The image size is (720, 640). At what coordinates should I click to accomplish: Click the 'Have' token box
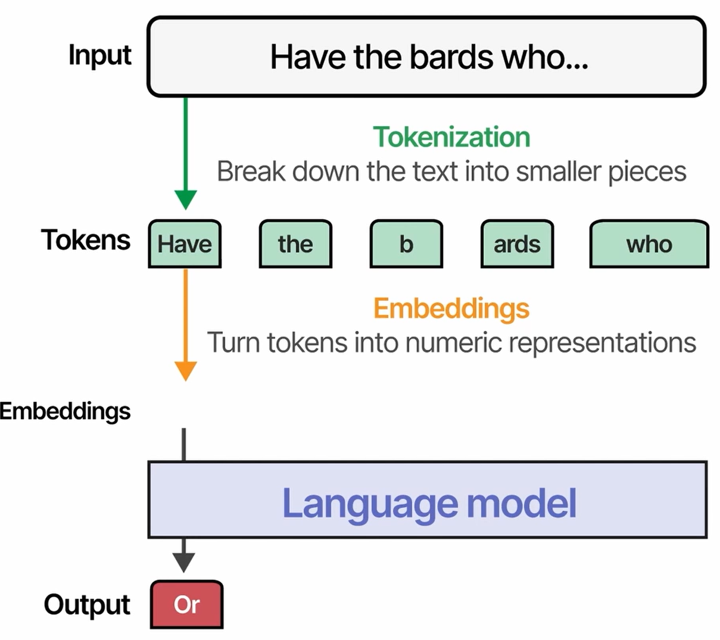(x=185, y=244)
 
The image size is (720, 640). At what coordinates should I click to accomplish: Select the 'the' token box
(x=295, y=244)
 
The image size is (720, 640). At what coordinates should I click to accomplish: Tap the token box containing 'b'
(x=406, y=244)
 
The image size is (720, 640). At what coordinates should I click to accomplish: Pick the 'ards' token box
(x=517, y=244)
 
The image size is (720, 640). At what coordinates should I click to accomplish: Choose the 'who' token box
(x=649, y=244)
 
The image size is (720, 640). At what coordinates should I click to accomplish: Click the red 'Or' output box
(x=186, y=605)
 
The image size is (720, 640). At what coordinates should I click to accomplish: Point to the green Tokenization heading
(x=451, y=138)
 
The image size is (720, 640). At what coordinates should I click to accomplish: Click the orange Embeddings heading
(x=451, y=308)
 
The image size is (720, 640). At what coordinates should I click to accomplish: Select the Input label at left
(x=99, y=55)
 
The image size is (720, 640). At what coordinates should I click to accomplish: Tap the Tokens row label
(x=86, y=240)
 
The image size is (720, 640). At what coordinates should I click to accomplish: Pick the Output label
(x=87, y=604)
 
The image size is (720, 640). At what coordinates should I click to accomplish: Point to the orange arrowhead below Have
(x=186, y=371)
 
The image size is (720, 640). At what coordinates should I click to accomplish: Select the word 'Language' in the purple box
(x=370, y=504)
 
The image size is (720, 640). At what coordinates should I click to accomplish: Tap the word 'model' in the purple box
(x=522, y=503)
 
